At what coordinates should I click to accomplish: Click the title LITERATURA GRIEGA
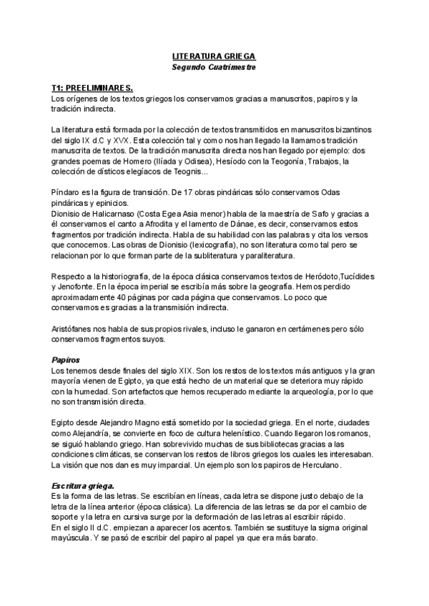[x=214, y=55]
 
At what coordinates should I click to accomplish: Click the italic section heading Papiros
[x=65, y=359]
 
